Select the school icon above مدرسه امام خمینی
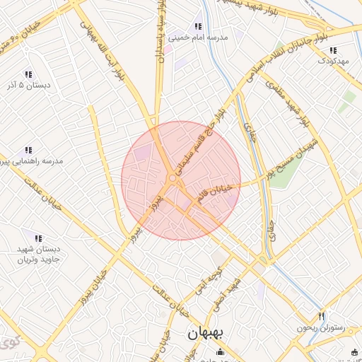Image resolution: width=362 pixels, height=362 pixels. (x=199, y=26)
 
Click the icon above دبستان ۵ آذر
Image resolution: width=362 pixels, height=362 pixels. (x=28, y=74)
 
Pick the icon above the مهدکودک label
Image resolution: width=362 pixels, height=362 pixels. (x=333, y=50)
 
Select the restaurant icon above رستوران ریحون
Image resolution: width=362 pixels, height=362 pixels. (x=322, y=316)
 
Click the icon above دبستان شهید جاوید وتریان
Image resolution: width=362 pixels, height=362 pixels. (x=38, y=238)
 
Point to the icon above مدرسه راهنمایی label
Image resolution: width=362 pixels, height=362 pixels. (x=28, y=150)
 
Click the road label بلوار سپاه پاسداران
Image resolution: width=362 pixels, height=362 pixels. (x=162, y=32)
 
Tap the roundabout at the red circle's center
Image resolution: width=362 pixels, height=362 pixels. (x=173, y=180)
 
